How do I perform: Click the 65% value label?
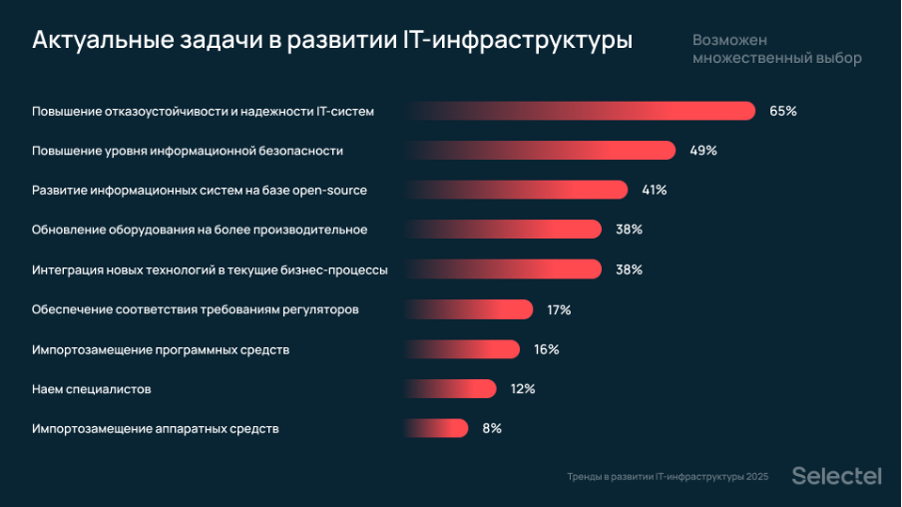click(x=782, y=111)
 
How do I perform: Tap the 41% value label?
click(x=654, y=190)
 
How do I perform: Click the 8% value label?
click(x=492, y=428)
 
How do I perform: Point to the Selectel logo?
click(x=836, y=476)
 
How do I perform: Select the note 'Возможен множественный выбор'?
click(x=776, y=49)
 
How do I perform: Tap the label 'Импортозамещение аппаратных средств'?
click(x=156, y=428)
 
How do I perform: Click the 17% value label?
click(x=559, y=309)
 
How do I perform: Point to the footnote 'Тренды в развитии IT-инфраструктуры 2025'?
click(x=668, y=477)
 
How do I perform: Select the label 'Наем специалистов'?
click(x=92, y=388)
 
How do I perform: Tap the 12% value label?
click(x=523, y=388)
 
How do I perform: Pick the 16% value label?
click(x=547, y=349)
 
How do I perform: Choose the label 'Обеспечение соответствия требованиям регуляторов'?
click(x=196, y=309)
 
